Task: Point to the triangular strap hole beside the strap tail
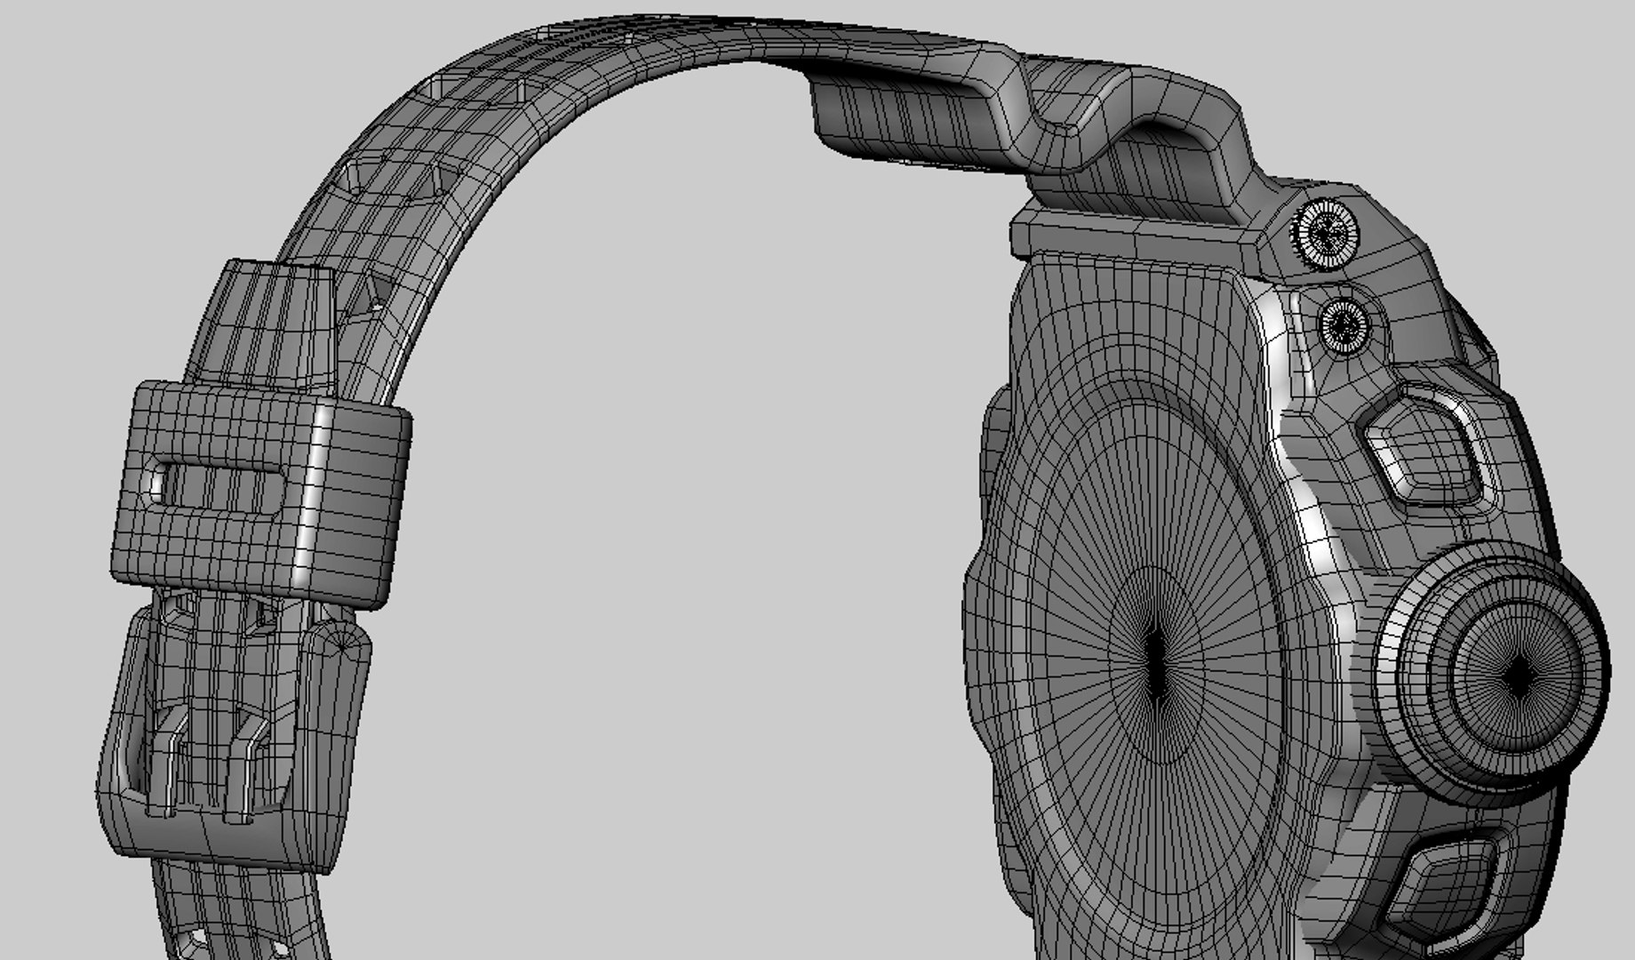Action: [x=373, y=293]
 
